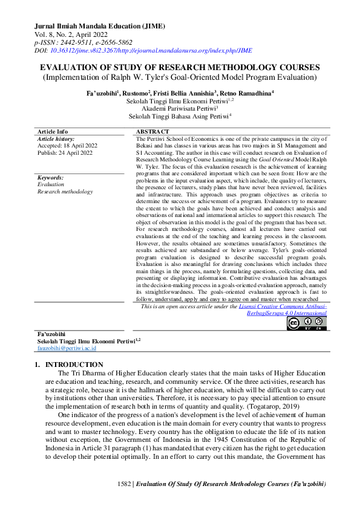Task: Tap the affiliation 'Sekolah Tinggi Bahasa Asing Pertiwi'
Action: [180, 117]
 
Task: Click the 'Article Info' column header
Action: [53, 131]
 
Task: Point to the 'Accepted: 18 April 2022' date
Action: [66, 146]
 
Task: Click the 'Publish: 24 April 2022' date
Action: [65, 153]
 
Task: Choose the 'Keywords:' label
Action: [51, 177]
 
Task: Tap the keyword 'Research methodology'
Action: [65, 192]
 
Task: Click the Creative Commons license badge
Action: [307, 324]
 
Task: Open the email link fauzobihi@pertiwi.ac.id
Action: [67, 348]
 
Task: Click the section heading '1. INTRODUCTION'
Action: [69, 365]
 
